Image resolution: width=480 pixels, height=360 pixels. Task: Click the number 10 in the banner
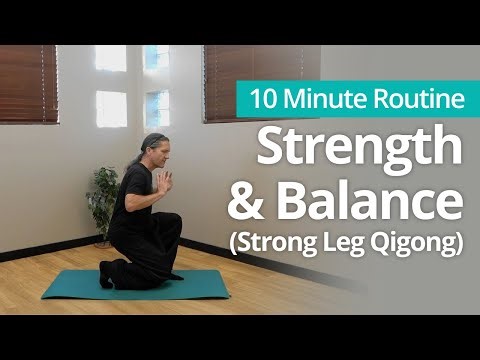tap(262, 99)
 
